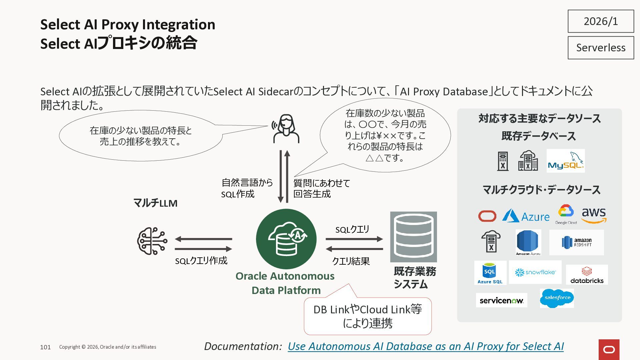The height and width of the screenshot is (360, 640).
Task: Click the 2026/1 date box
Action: point(601,21)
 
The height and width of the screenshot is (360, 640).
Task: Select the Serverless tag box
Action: point(601,48)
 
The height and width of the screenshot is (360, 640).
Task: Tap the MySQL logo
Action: point(566,161)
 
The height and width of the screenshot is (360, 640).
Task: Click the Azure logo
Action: point(526,216)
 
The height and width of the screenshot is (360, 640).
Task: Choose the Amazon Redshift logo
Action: point(576,242)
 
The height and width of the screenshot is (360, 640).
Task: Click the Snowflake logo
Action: point(535,272)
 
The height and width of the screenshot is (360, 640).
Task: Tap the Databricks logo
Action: point(587,275)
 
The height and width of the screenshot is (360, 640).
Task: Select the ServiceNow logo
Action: point(501,300)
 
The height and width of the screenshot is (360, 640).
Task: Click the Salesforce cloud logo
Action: point(557,298)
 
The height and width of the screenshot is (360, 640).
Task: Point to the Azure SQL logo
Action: point(490,273)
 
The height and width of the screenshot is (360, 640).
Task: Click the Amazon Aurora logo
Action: point(528,242)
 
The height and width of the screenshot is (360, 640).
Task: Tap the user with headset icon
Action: point(286,129)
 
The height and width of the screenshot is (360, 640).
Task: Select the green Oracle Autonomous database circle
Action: point(286,239)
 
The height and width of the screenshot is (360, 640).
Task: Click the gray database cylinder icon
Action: point(413,237)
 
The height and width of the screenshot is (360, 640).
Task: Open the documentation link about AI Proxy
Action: point(426,346)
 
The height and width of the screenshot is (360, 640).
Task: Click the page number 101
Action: point(45,347)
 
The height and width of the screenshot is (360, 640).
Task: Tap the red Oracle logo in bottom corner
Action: point(609,350)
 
